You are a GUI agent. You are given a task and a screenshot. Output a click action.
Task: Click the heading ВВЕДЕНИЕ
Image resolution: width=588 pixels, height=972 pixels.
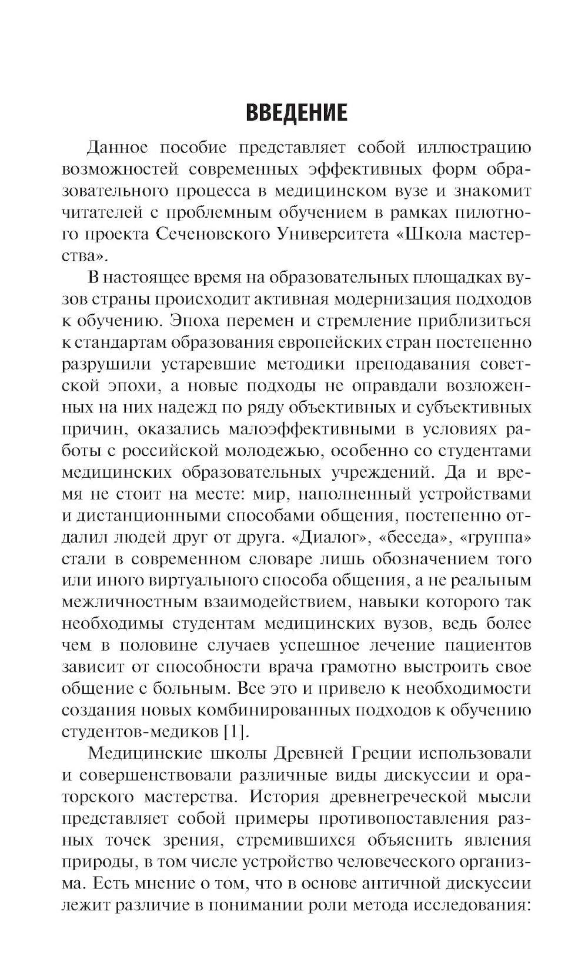click(x=296, y=111)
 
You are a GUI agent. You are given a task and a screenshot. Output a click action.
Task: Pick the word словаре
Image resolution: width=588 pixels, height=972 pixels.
click(x=305, y=558)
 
